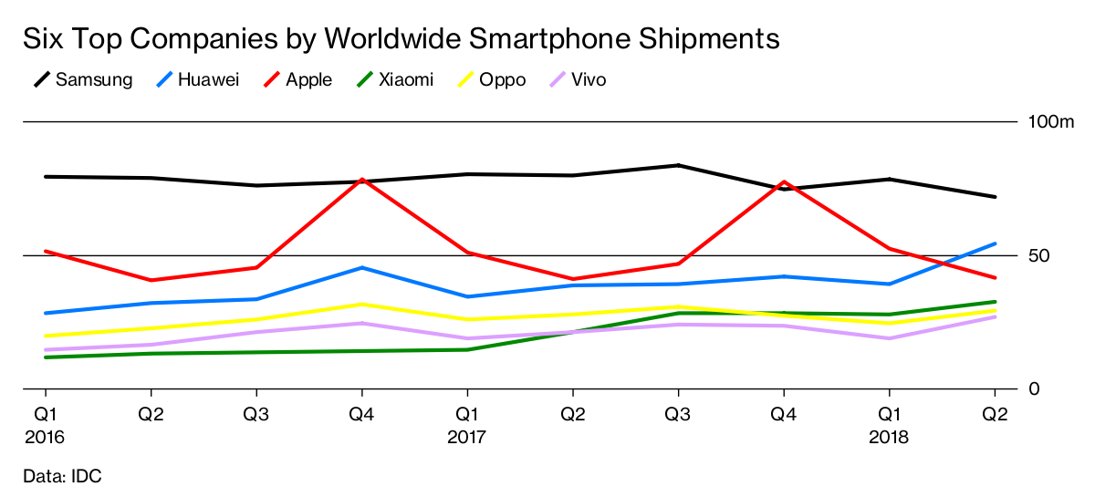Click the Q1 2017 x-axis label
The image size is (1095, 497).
point(467,425)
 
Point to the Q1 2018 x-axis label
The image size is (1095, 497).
point(889,425)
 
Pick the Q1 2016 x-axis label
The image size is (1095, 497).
point(46,425)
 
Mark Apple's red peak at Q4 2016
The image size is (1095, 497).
point(362,180)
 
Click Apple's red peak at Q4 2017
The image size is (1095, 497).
point(783,182)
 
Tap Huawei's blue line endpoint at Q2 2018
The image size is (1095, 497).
point(994,243)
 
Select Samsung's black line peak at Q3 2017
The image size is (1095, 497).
point(678,165)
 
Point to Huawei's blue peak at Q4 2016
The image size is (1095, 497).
point(362,267)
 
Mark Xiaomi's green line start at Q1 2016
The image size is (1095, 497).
point(46,357)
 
